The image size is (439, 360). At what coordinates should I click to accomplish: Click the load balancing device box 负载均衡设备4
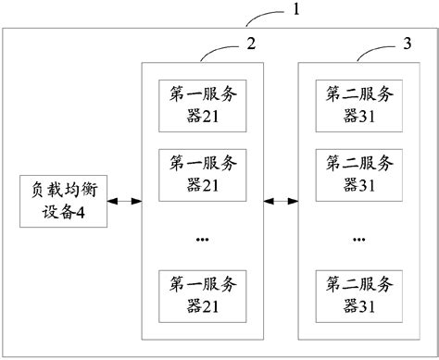tap(63, 199)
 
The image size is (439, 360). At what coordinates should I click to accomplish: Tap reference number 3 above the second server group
tap(407, 43)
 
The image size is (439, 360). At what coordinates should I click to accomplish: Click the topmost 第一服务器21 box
tap(202, 104)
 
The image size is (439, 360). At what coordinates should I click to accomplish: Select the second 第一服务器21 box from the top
tap(202, 171)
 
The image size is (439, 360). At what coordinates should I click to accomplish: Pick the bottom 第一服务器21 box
tap(202, 291)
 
